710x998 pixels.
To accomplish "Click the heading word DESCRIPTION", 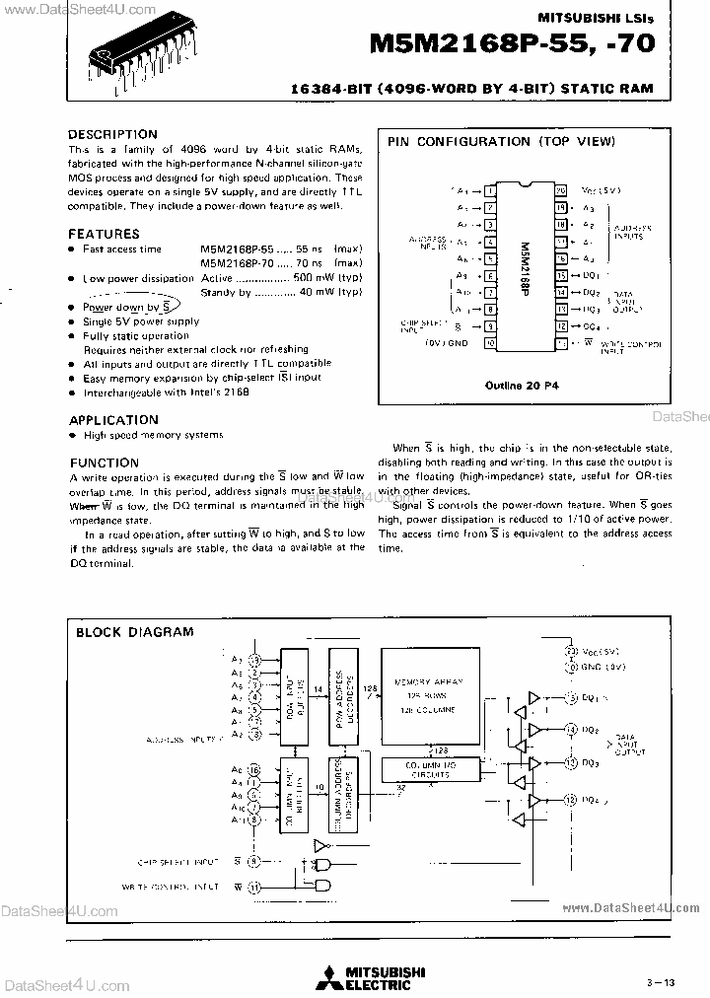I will coord(111,134).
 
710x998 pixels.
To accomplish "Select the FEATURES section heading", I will coord(104,234).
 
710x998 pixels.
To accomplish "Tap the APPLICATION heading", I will coord(113,419).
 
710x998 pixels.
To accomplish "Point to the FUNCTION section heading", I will coord(104,463).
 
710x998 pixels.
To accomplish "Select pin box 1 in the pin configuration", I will coord(488,190).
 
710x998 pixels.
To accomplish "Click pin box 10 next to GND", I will coord(488,343).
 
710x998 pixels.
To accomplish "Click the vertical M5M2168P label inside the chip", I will coord(524,266).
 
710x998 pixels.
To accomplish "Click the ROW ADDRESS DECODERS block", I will coord(341,691).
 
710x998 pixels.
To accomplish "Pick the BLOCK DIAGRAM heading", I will coord(134,632).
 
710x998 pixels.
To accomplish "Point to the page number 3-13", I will coord(662,980).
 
